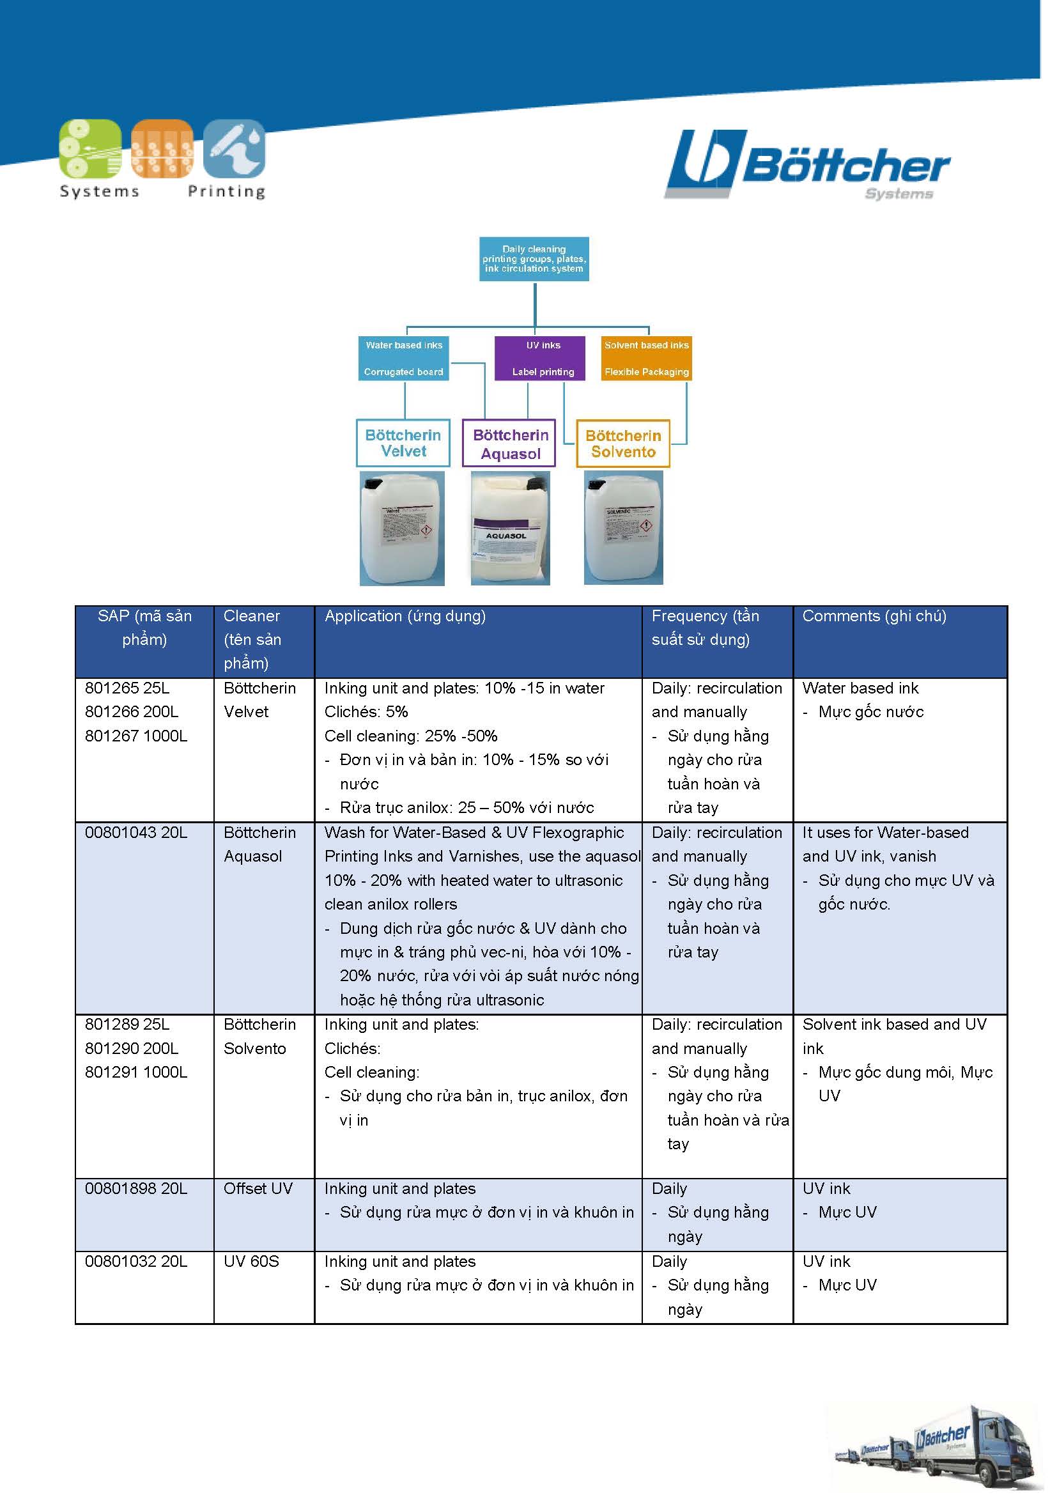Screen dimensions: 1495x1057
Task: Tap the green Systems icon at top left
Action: click(90, 148)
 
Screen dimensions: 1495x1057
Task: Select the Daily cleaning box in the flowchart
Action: click(534, 258)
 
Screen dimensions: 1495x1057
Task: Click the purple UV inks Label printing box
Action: click(539, 357)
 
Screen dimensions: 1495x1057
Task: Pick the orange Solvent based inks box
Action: click(645, 357)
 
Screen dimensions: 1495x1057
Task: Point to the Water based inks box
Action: click(403, 357)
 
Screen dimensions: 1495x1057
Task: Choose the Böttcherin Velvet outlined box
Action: click(403, 443)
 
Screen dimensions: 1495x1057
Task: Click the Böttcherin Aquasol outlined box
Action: click(509, 444)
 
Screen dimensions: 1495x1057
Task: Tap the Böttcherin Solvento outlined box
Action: click(623, 444)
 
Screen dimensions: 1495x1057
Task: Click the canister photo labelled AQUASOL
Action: click(509, 527)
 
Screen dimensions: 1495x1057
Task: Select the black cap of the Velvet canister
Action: click(374, 484)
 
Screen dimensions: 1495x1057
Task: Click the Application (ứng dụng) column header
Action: click(405, 616)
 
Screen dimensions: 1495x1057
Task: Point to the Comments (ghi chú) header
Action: click(874, 616)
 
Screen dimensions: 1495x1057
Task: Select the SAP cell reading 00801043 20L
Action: click(136, 832)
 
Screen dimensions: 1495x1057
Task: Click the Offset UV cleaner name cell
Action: click(258, 1188)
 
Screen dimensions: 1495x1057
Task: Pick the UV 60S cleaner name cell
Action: click(251, 1261)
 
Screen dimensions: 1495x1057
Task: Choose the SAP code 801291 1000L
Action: click(136, 1072)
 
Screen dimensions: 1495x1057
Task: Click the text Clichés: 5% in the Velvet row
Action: click(366, 711)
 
